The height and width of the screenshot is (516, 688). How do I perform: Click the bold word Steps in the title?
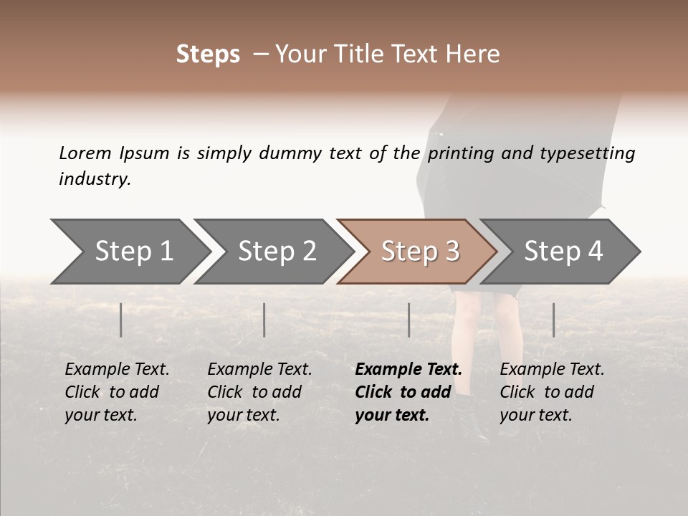pos(208,54)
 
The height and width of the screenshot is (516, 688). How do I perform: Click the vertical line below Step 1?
pos(121,320)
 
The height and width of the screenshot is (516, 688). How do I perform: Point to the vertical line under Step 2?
pos(264,320)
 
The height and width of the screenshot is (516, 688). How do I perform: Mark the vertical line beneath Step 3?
pos(409,320)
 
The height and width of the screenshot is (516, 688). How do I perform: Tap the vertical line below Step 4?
pos(554,320)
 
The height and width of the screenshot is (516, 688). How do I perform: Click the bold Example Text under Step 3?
pos(408,370)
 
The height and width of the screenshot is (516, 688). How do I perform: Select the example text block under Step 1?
pos(117,392)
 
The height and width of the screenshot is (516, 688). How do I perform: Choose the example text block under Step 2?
pos(259,392)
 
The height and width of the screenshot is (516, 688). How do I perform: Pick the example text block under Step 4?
pos(552,392)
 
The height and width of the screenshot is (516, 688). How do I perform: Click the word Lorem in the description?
pos(85,153)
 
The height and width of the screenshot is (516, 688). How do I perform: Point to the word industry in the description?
pos(94,179)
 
